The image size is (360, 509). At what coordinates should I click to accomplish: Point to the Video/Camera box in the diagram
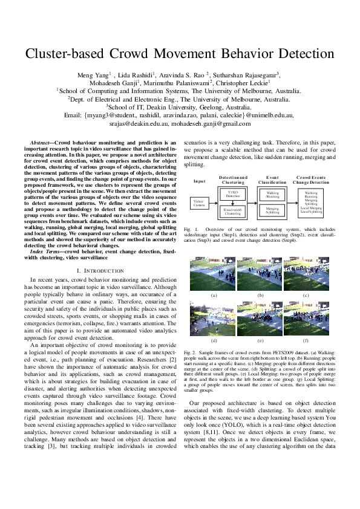[x=198, y=203]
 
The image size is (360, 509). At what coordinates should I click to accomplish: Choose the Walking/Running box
[x=272, y=195]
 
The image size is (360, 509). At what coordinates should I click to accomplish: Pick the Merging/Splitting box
[x=272, y=210]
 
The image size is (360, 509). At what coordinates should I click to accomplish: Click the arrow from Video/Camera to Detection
[x=211, y=203]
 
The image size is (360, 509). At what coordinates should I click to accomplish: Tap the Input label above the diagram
[x=199, y=181]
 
